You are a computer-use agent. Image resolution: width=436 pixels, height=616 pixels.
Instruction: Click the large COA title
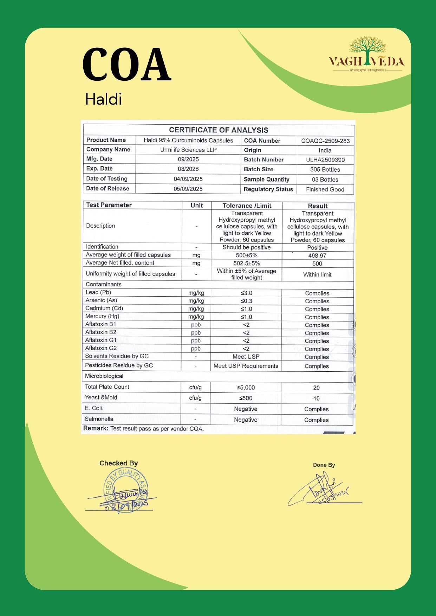coord(127,65)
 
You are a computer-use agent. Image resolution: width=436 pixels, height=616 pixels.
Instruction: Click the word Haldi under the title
coord(103,99)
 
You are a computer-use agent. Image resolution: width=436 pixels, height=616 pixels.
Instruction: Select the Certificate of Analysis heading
coord(219,130)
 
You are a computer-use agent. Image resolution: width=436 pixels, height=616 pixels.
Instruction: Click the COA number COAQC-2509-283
coord(325,141)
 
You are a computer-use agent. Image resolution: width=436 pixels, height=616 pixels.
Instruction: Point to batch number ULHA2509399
coord(325,160)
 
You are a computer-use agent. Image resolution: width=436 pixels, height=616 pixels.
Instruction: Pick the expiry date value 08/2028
coord(188,169)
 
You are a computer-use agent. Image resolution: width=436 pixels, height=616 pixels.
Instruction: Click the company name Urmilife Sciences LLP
coord(188,150)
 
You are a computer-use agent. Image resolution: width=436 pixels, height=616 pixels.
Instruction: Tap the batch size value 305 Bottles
coord(325,170)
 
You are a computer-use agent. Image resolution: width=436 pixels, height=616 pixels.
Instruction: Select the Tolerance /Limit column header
coord(247,206)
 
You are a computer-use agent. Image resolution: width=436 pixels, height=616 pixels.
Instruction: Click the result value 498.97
coord(317,256)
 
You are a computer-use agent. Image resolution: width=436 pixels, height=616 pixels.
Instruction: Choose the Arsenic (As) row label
coord(101,300)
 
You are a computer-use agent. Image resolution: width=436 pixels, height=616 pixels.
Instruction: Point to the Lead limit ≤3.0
coord(246,293)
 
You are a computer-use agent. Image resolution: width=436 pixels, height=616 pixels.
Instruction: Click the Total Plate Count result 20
coord(317,388)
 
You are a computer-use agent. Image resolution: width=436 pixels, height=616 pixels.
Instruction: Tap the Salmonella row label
coord(99,419)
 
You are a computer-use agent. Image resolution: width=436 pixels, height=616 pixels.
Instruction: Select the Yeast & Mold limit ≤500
coord(246,398)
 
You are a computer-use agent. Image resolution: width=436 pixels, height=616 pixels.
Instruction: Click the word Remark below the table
coord(95,429)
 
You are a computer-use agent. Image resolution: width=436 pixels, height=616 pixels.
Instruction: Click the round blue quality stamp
coord(125,490)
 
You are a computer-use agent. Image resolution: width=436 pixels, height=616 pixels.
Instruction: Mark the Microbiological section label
coord(104,376)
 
